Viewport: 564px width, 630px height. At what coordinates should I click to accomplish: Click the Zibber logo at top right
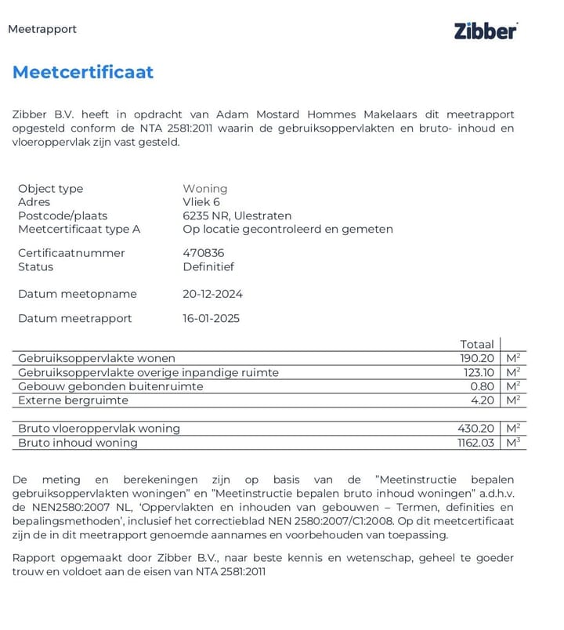(x=486, y=31)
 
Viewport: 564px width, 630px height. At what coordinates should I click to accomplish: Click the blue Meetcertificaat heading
(x=83, y=73)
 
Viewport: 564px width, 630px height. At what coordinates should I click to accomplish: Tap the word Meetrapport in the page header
(x=42, y=29)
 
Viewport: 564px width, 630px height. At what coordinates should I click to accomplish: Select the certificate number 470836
(x=203, y=253)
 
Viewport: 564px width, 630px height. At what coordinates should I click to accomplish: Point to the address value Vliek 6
(x=201, y=202)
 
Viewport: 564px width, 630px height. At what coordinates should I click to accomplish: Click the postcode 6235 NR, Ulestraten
(x=237, y=215)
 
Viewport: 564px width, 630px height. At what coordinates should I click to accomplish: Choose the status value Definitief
(x=208, y=266)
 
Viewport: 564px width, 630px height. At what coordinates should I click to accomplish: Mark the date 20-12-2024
(x=212, y=294)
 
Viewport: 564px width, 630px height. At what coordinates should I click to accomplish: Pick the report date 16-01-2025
(x=211, y=318)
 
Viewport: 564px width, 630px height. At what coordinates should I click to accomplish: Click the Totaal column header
(x=477, y=344)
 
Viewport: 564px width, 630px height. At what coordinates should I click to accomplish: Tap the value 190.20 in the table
(x=477, y=358)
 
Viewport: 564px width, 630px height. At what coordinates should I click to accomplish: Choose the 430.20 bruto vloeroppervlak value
(x=475, y=429)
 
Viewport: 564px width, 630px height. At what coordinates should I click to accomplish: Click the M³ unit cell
(x=514, y=443)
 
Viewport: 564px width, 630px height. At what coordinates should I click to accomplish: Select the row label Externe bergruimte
(x=73, y=400)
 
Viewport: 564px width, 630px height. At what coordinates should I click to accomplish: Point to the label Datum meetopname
(x=78, y=294)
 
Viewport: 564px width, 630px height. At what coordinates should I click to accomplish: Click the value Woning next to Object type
(x=205, y=189)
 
